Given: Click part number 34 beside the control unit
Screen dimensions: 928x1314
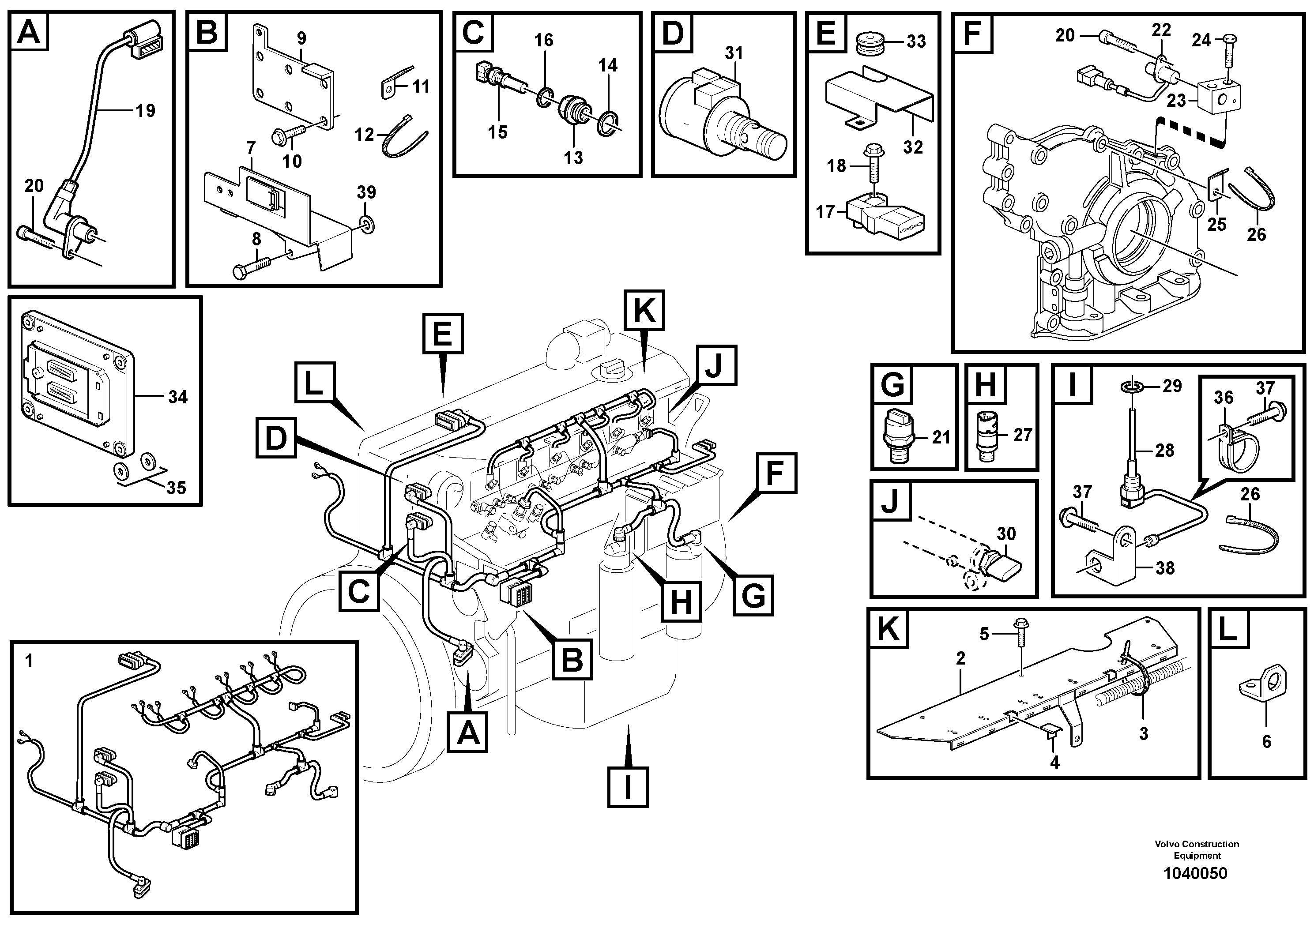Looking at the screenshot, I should [x=177, y=397].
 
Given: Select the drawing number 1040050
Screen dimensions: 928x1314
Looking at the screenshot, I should [x=1196, y=890].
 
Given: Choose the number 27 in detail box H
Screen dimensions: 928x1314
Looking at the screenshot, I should [x=1022, y=435].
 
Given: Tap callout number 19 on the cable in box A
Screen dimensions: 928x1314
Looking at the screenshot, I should [x=145, y=110].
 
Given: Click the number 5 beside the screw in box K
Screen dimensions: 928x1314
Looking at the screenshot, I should [x=984, y=634].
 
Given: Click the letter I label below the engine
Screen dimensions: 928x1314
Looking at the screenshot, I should [x=628, y=787].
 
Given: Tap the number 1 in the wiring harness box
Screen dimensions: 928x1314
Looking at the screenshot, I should [x=29, y=661].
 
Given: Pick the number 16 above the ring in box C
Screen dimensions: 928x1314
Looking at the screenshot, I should [x=544, y=40].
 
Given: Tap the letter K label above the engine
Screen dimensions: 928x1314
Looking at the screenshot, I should [x=644, y=310].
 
